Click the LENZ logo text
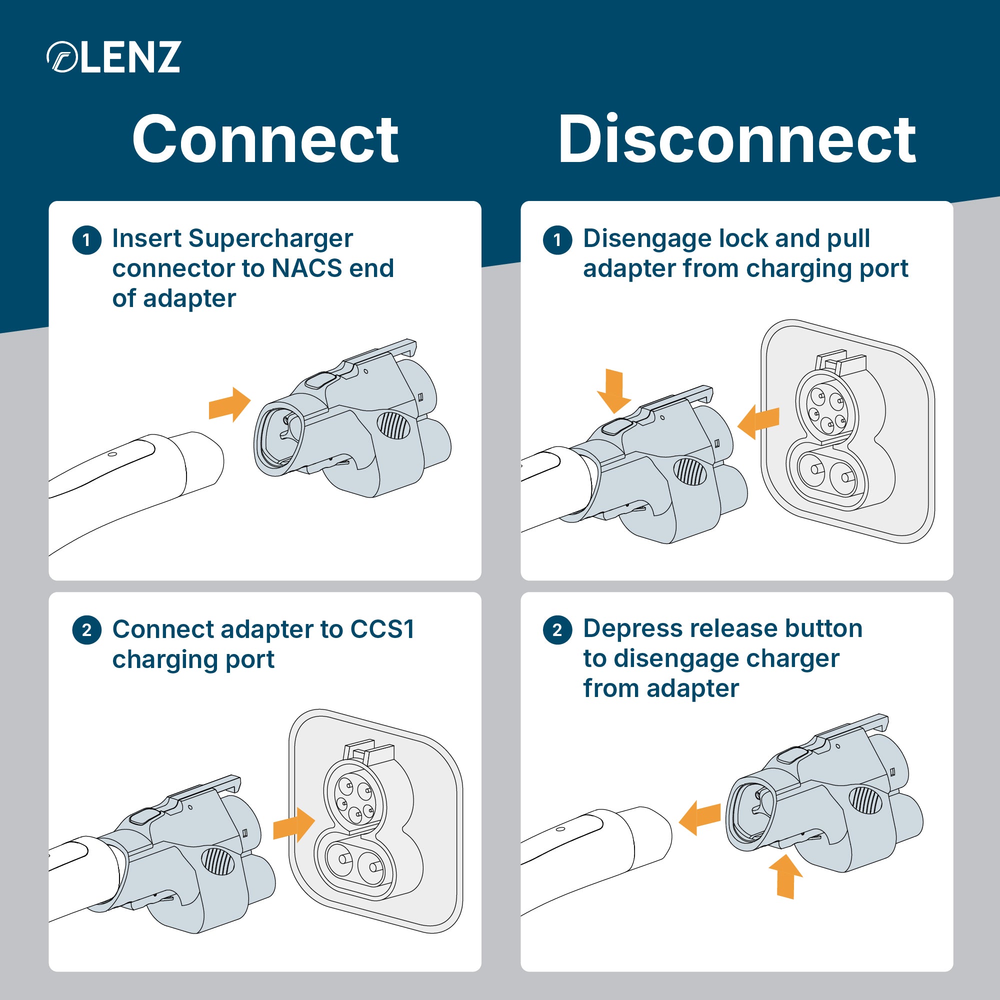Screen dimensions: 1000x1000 130,57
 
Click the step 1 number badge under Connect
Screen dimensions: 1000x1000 86,240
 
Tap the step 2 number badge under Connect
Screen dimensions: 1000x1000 86,630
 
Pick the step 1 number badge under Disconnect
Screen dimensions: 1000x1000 557,240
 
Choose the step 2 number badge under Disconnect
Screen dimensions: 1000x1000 557,630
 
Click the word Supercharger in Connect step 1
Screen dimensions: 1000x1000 270,238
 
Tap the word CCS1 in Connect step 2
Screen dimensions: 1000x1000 382,629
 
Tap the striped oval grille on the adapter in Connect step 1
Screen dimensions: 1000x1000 393,425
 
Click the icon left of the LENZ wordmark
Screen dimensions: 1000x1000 62,57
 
